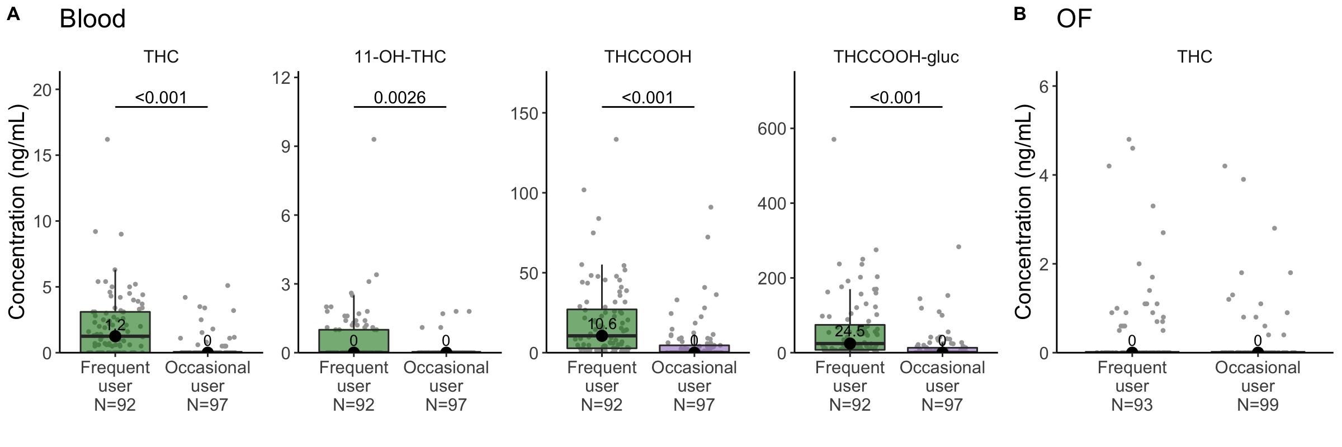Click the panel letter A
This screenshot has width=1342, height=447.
point(13,15)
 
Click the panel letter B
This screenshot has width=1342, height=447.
point(1019,15)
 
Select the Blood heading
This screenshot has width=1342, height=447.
point(93,19)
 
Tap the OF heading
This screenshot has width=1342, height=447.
point(1074,19)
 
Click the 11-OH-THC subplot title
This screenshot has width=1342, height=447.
point(400,57)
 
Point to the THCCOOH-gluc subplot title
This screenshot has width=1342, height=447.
point(896,57)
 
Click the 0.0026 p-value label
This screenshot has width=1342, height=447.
point(400,98)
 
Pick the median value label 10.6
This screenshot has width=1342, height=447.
point(602,324)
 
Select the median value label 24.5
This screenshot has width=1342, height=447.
point(849,331)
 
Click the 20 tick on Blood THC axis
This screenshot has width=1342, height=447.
point(42,89)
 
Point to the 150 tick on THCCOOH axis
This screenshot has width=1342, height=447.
point(524,113)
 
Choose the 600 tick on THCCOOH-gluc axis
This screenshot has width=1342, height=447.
point(772,129)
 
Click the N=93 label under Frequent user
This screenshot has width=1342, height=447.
point(1132,405)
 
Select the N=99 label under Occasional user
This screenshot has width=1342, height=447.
point(1258,405)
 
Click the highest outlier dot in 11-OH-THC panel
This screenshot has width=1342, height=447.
point(374,139)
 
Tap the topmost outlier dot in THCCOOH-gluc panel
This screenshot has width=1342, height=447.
point(833,139)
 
